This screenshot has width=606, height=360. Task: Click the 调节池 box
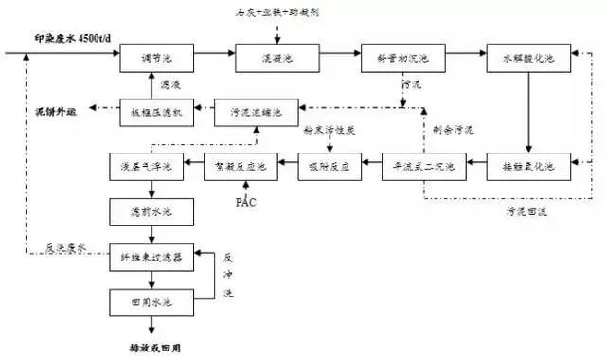[x=151, y=60]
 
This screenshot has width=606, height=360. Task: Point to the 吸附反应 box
[x=329, y=166]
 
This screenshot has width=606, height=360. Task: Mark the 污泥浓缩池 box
[x=255, y=111]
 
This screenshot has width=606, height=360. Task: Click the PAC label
[x=245, y=202]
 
